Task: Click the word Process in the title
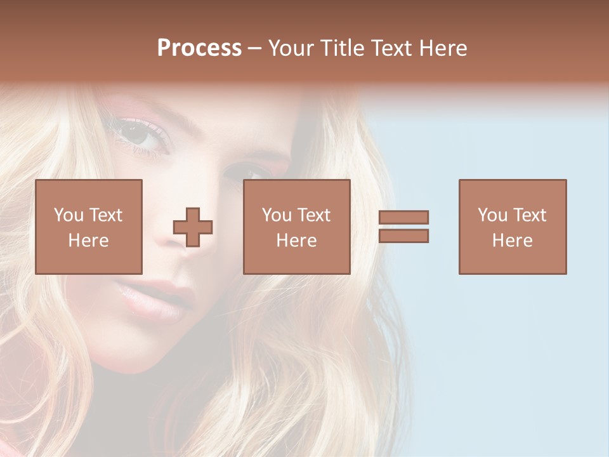199,48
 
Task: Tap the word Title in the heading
342,48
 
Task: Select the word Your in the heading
292,48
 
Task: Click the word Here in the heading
443,48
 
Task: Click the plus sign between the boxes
193,227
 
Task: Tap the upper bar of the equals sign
403,217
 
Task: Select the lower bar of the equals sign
403,235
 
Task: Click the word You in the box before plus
69,215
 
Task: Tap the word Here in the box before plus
88,241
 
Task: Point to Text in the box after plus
313,215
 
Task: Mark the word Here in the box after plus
296,241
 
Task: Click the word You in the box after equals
492,215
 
